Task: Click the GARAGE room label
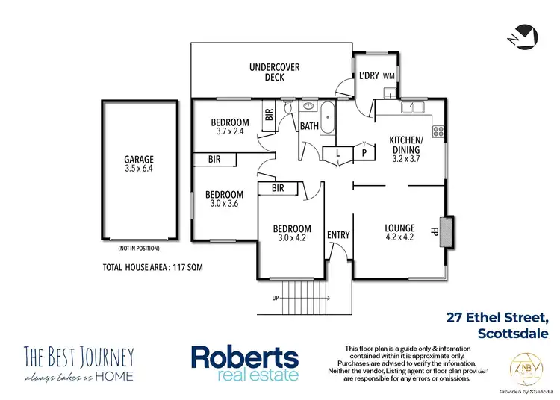click(139, 159)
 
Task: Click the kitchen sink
click(412, 108)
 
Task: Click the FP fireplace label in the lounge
click(433, 230)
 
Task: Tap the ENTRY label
click(338, 235)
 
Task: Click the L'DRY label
click(369, 76)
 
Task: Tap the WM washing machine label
click(388, 76)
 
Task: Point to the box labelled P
click(364, 152)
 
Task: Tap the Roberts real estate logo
click(244, 363)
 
